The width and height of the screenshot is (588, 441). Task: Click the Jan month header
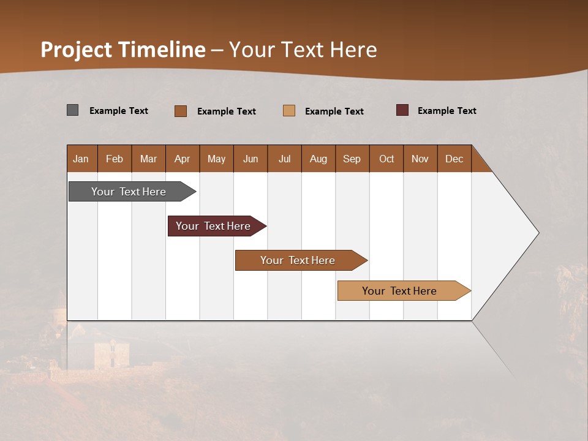[x=81, y=159]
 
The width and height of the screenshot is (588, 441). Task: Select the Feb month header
[x=115, y=159]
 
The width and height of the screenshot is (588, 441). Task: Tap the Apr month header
[x=183, y=159]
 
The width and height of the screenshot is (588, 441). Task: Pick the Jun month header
[x=251, y=159]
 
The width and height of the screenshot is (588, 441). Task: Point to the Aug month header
[x=318, y=159]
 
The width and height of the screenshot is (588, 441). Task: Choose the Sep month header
[x=352, y=159]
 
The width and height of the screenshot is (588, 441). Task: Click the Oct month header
[x=386, y=159]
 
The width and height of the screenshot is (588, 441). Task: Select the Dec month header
[x=454, y=159]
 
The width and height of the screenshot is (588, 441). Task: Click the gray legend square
[x=73, y=110]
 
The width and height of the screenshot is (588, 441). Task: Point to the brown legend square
[x=181, y=111]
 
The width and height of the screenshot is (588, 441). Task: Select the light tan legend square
[x=289, y=111]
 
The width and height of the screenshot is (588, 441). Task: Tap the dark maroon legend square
[x=402, y=110]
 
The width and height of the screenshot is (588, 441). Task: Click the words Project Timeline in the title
[x=123, y=50]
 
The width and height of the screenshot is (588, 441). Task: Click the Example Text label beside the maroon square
[x=447, y=111]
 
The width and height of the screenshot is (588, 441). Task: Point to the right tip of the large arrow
[x=537, y=233]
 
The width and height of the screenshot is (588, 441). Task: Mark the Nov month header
[x=420, y=159]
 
